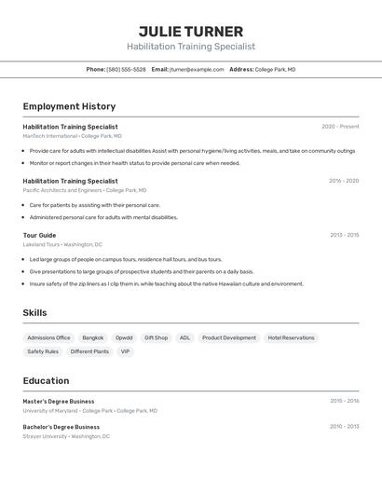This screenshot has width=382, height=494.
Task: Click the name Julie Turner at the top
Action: coord(190,32)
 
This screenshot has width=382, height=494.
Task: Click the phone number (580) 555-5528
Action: coord(126,69)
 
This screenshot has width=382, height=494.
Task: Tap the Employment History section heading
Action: coord(69,106)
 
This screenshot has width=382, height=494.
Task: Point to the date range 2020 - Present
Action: coord(340,127)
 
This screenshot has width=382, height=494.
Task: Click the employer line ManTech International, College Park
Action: coord(72,136)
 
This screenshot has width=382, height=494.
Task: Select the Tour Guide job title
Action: coord(39,235)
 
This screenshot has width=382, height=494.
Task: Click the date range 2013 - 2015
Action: coord(344,235)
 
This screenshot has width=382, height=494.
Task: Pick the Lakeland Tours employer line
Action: coord(62,244)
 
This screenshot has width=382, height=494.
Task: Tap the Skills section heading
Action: coord(34,313)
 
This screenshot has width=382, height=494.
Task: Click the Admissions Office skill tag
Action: coord(48,337)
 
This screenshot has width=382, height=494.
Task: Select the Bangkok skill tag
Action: coord(92,337)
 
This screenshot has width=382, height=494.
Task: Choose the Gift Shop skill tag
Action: coord(156,337)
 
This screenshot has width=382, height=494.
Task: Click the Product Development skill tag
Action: coord(228,337)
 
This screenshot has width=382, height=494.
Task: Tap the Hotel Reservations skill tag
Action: coord(291,337)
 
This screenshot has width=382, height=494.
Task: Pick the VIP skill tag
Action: coord(126,351)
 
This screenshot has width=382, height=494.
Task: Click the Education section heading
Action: coord(46,380)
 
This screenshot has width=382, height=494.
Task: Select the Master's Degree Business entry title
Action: coord(58,401)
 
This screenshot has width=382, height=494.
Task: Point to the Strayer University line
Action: coord(65,436)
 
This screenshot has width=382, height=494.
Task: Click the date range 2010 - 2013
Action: coord(344,427)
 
